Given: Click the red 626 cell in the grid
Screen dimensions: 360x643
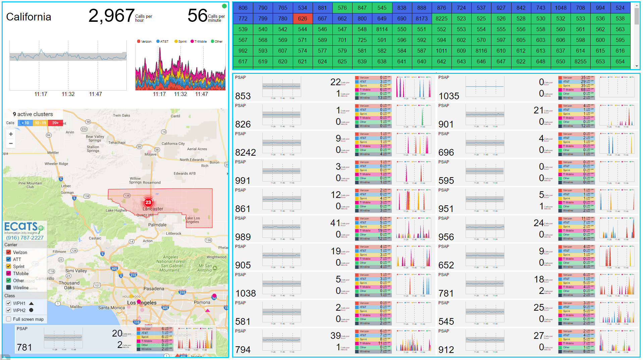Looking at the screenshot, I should (x=302, y=18).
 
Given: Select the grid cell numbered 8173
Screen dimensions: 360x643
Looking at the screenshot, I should (x=421, y=18).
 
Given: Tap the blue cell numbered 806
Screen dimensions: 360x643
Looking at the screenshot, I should (x=243, y=8).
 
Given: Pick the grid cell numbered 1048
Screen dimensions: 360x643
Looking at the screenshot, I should (x=560, y=8).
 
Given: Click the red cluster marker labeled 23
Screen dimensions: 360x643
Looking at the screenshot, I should (x=148, y=202).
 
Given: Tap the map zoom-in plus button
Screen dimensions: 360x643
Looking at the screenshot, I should (x=11, y=134).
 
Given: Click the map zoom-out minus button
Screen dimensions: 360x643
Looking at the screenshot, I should (x=11, y=143).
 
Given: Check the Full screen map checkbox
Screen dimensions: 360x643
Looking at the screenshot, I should (x=9, y=319).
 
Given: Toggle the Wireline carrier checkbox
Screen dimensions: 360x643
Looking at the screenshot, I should (x=9, y=288).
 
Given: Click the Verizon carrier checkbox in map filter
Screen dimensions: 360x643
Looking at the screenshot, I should (x=9, y=252).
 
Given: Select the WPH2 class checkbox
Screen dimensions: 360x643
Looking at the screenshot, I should (x=9, y=310).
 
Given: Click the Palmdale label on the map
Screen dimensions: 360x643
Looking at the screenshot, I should (x=157, y=225).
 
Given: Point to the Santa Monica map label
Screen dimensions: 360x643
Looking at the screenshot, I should (x=111, y=308).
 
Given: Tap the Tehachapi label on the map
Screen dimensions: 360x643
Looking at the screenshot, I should (x=117, y=143).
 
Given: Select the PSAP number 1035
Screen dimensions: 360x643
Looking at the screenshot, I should (x=449, y=96).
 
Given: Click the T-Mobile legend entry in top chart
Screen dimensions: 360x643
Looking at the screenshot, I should (x=199, y=42).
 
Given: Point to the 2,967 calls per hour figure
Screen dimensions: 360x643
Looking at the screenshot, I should (x=111, y=16).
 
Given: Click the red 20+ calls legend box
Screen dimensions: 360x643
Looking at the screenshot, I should (x=55, y=123).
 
